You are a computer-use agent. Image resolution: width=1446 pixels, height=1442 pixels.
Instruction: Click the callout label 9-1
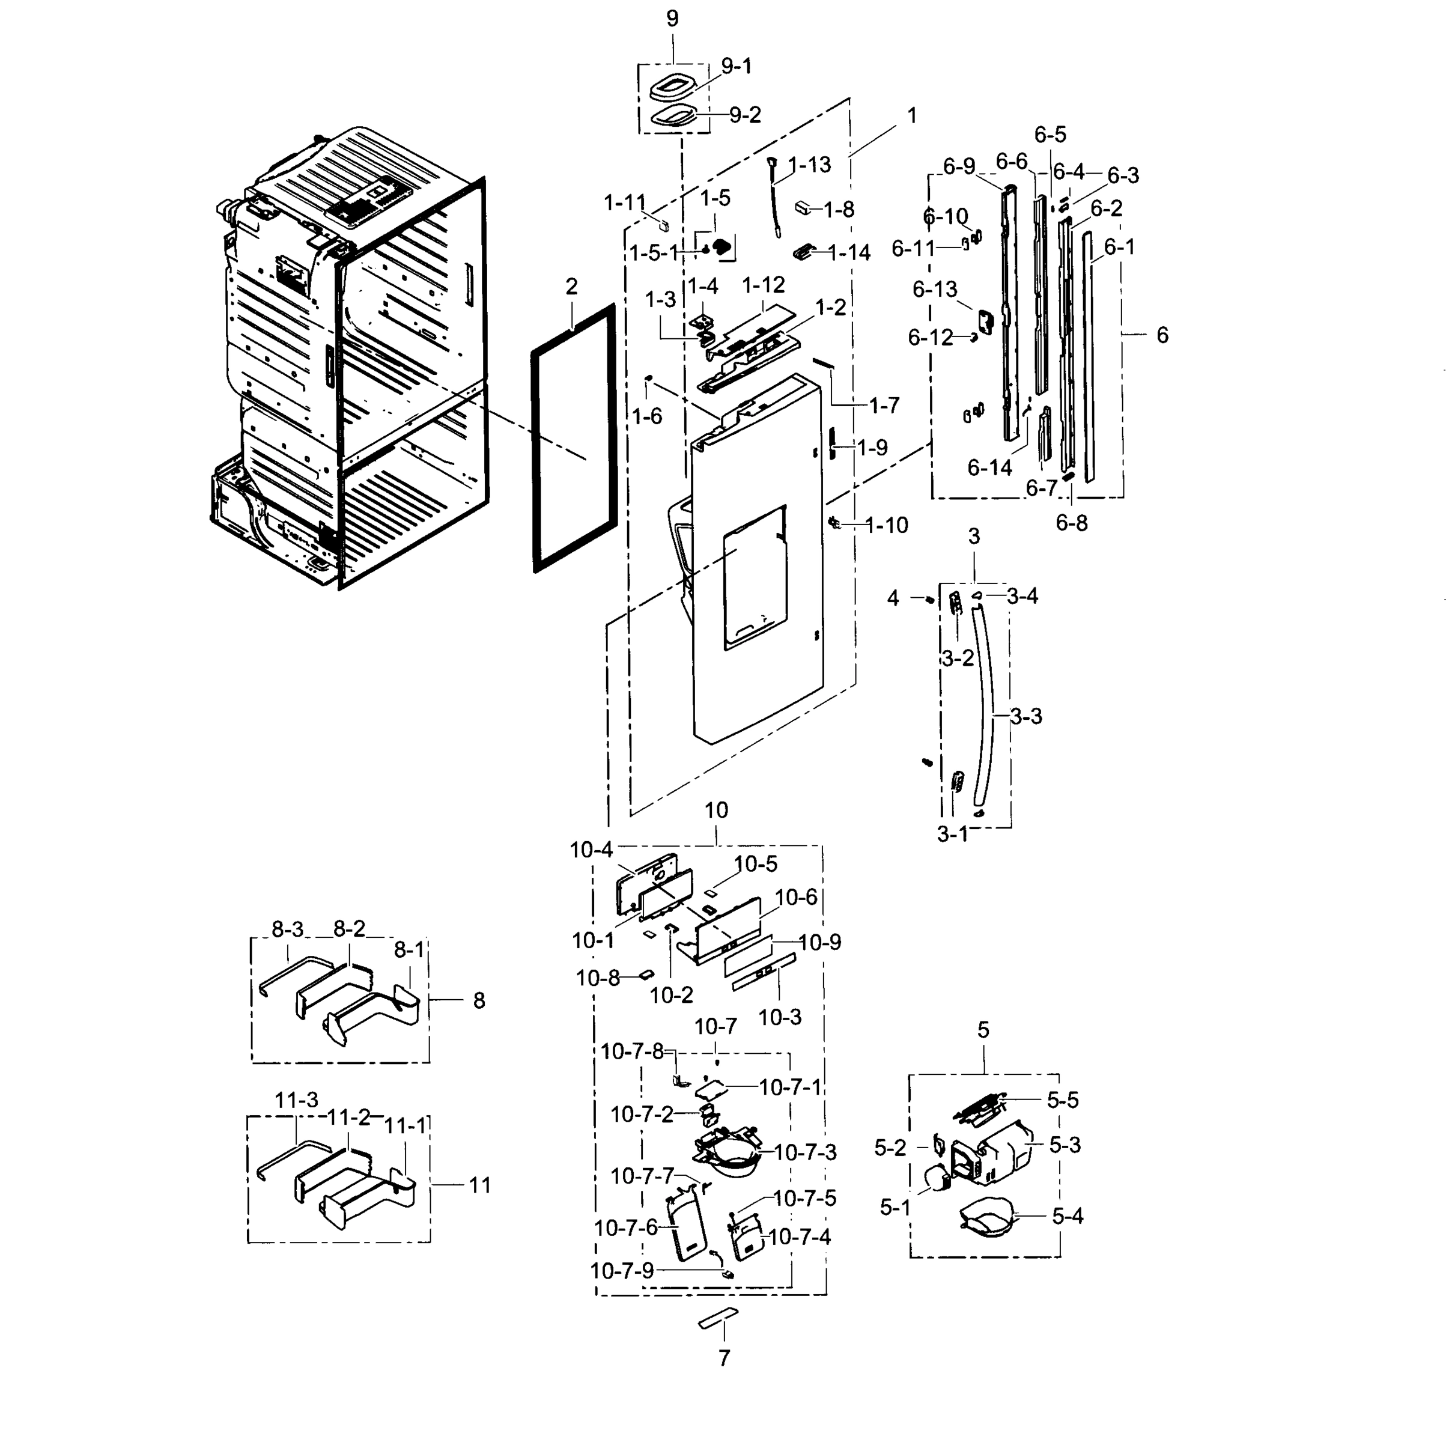(737, 67)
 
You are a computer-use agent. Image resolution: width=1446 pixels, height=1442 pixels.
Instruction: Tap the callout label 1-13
(809, 165)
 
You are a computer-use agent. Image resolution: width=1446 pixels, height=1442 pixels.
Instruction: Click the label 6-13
(934, 289)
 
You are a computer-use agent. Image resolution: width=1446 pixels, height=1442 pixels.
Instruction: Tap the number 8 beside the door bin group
(479, 1000)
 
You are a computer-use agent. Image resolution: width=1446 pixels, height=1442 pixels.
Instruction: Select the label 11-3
(296, 1100)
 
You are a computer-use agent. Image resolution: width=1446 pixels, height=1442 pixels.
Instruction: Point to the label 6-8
(1071, 523)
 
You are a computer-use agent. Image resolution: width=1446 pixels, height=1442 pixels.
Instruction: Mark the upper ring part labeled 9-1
(672, 88)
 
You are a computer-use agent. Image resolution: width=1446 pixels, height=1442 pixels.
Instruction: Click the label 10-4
(591, 850)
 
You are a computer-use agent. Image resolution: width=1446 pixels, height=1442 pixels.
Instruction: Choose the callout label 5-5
(1062, 1100)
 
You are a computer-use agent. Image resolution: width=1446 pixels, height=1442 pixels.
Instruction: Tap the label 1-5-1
(654, 253)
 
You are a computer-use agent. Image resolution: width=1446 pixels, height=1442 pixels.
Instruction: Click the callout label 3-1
(953, 834)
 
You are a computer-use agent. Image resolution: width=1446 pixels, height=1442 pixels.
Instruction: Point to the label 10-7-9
(622, 1271)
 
